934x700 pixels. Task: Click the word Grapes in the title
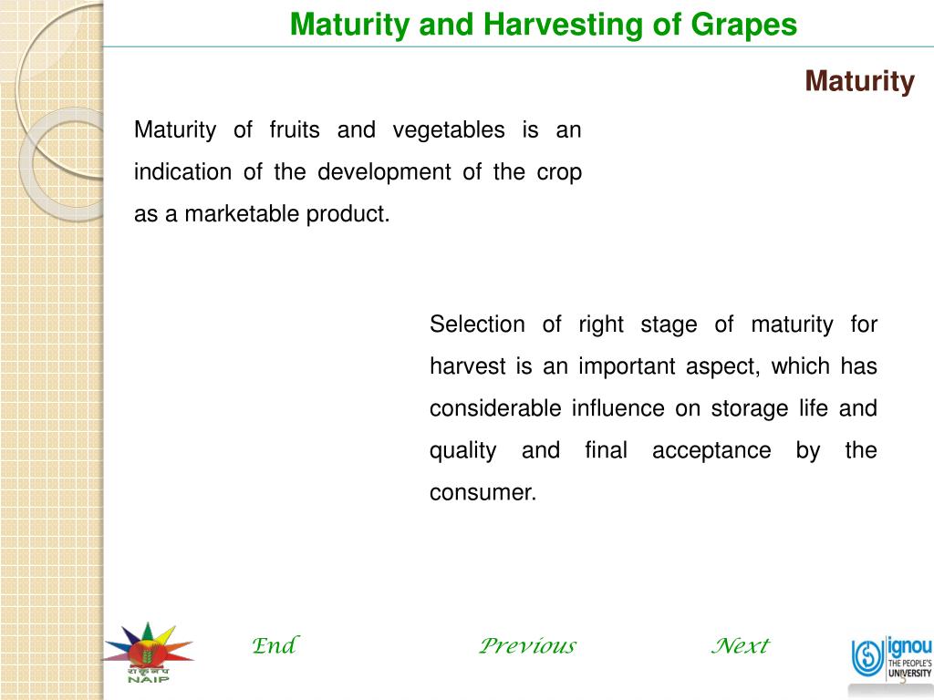point(742,25)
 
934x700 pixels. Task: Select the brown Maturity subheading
point(859,82)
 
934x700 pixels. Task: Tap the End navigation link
point(274,646)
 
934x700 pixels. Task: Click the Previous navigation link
point(527,646)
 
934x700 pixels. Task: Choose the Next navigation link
point(740,646)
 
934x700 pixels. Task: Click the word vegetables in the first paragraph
point(448,130)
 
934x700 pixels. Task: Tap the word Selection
point(477,324)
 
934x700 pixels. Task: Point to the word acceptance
point(711,450)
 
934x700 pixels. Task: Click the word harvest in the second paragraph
point(467,366)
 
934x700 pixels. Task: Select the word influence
point(617,408)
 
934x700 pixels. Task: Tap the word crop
point(559,172)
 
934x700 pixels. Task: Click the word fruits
point(295,130)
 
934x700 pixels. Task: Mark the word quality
point(463,451)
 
